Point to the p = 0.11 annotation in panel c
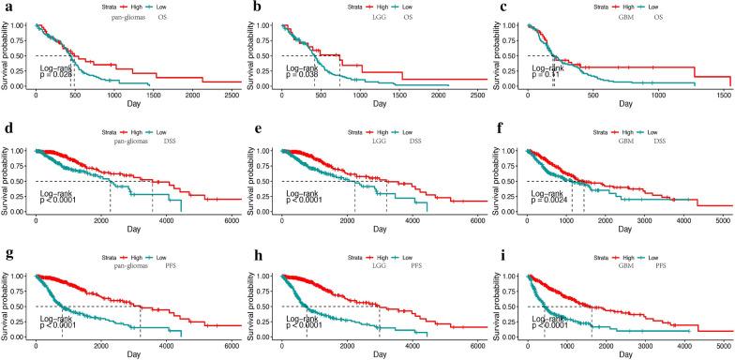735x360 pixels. (x=547, y=76)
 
